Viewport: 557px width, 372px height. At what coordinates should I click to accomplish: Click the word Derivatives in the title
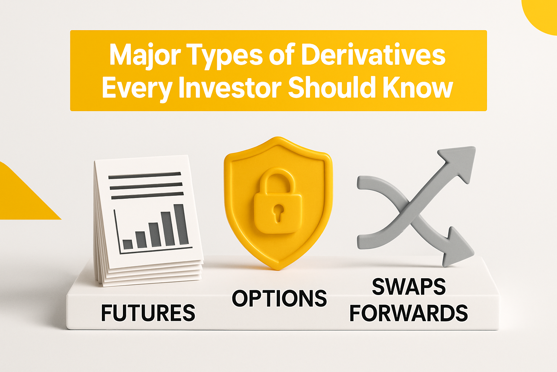click(x=373, y=56)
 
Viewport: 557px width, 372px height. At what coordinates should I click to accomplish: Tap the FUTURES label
click(x=148, y=313)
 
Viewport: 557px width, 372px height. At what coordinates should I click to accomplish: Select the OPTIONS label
click(x=279, y=299)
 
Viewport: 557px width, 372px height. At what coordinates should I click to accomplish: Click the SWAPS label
click(x=409, y=287)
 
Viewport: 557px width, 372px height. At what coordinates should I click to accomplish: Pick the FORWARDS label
click(x=409, y=313)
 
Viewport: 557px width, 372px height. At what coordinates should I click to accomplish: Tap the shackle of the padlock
click(x=277, y=182)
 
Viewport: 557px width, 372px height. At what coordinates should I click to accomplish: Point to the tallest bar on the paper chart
click(x=181, y=224)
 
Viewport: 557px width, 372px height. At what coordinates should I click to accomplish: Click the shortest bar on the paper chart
click(x=127, y=244)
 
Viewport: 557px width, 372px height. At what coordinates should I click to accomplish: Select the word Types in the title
click(x=225, y=56)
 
